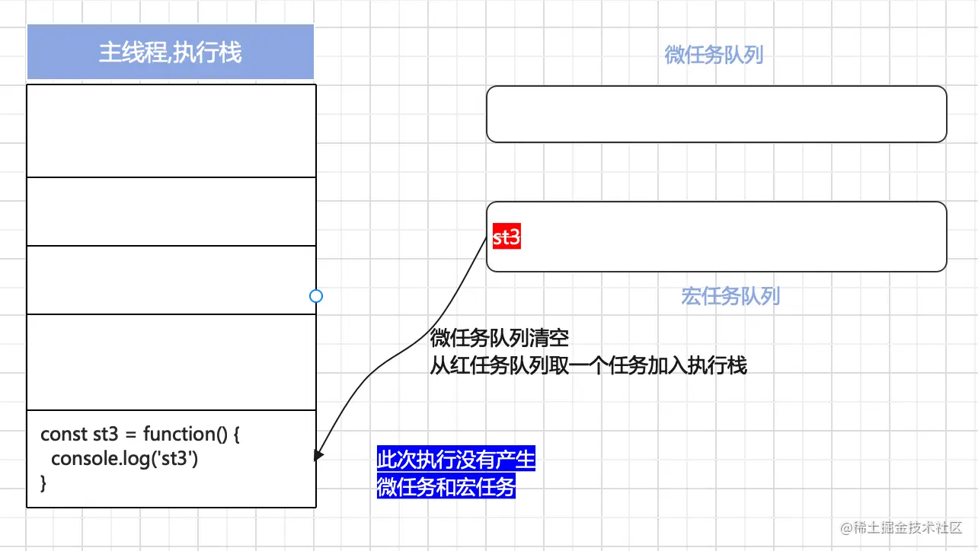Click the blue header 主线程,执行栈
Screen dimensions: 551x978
170,52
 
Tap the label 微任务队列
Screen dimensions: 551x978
714,55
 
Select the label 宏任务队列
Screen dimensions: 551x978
730,296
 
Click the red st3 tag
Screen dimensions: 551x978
507,237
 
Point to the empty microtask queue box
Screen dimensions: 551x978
716,114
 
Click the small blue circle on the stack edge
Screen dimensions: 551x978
316,296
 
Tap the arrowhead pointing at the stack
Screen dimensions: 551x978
318,454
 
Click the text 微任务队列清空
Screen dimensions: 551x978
500,338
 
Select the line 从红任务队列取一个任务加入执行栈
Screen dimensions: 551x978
588,365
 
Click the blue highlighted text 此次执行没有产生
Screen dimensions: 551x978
456,460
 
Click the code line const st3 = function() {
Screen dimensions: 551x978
140,435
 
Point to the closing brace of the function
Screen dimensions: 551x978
43,483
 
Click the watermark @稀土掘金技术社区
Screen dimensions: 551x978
901,527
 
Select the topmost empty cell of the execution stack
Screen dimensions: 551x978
171,130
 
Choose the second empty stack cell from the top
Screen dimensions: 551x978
171,212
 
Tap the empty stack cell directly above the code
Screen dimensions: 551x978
171,361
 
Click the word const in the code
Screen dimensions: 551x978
63,435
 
